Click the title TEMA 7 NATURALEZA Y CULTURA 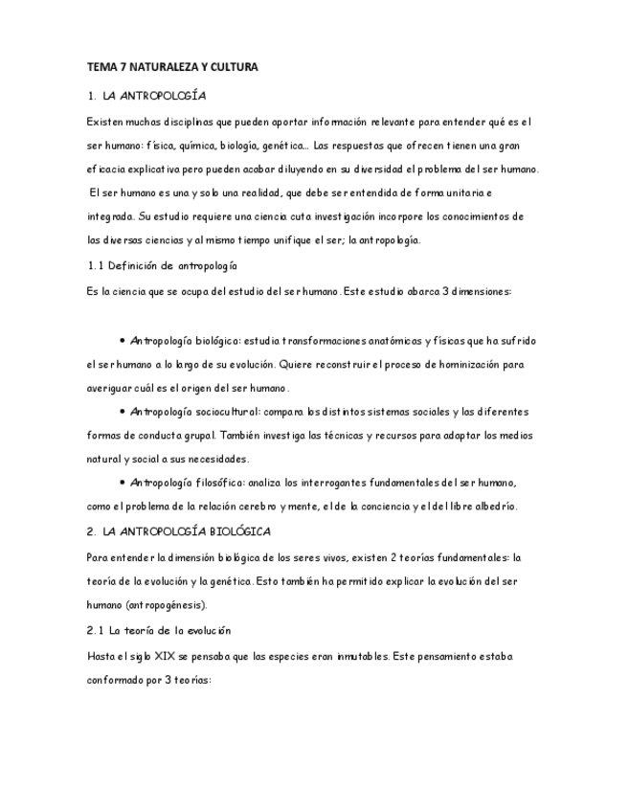coord(172,67)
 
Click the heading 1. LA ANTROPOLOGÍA coord(146,96)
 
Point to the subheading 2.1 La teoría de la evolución coord(159,631)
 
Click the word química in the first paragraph coord(169,146)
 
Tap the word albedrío coord(492,506)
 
